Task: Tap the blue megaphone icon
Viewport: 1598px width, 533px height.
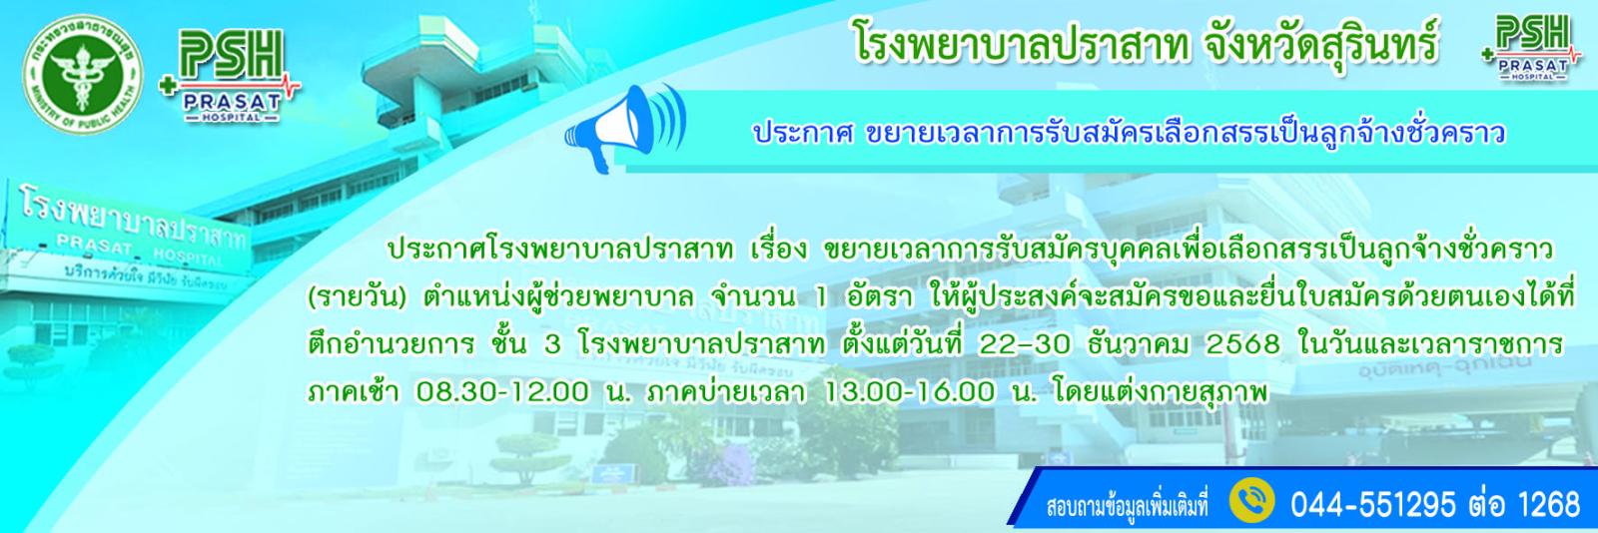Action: pyautogui.click(x=623, y=127)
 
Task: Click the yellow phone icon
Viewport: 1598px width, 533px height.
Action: pyautogui.click(x=1251, y=502)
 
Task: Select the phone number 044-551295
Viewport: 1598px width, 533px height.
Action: pyautogui.click(x=1372, y=504)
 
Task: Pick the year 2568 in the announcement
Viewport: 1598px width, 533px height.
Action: pyautogui.click(x=1242, y=345)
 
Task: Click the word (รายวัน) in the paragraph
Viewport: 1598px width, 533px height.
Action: pyautogui.click(x=356, y=297)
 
